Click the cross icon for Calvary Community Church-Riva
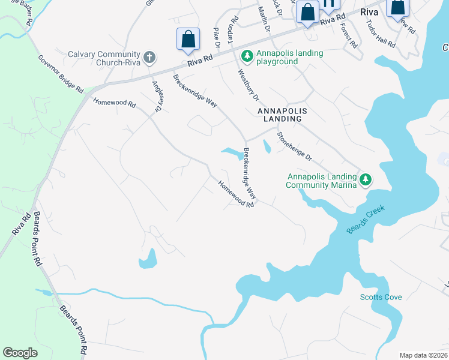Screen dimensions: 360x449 tap(149, 58)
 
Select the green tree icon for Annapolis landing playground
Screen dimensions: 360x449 tap(247, 56)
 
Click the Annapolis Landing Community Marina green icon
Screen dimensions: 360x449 tap(365, 179)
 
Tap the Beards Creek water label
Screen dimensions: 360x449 tap(366, 220)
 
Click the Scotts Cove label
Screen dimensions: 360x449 tap(381, 297)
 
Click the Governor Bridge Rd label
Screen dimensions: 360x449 tap(61, 74)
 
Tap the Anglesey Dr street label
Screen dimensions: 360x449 tap(158, 97)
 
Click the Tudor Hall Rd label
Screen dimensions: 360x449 tap(382, 37)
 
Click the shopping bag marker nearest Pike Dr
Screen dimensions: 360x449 tap(188, 39)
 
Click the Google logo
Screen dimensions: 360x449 tap(20, 352)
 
